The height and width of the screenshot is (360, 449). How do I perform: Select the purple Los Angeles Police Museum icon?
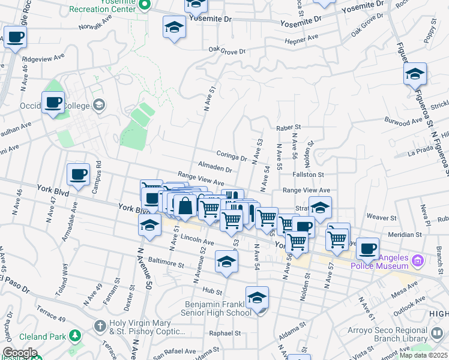point(418,261)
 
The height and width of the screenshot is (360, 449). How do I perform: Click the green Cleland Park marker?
point(75,335)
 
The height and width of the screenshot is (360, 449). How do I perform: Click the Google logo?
point(19,352)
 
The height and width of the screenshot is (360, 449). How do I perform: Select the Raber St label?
point(288,127)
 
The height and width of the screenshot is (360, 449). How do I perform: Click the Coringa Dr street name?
point(232,155)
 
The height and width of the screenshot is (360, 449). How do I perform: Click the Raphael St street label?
point(224,333)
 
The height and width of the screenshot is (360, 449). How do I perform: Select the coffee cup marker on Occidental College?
point(53,102)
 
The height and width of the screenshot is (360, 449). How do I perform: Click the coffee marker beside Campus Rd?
point(79,174)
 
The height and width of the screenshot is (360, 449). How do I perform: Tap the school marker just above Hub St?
point(226,262)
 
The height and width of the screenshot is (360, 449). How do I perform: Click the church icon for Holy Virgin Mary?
point(100,326)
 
